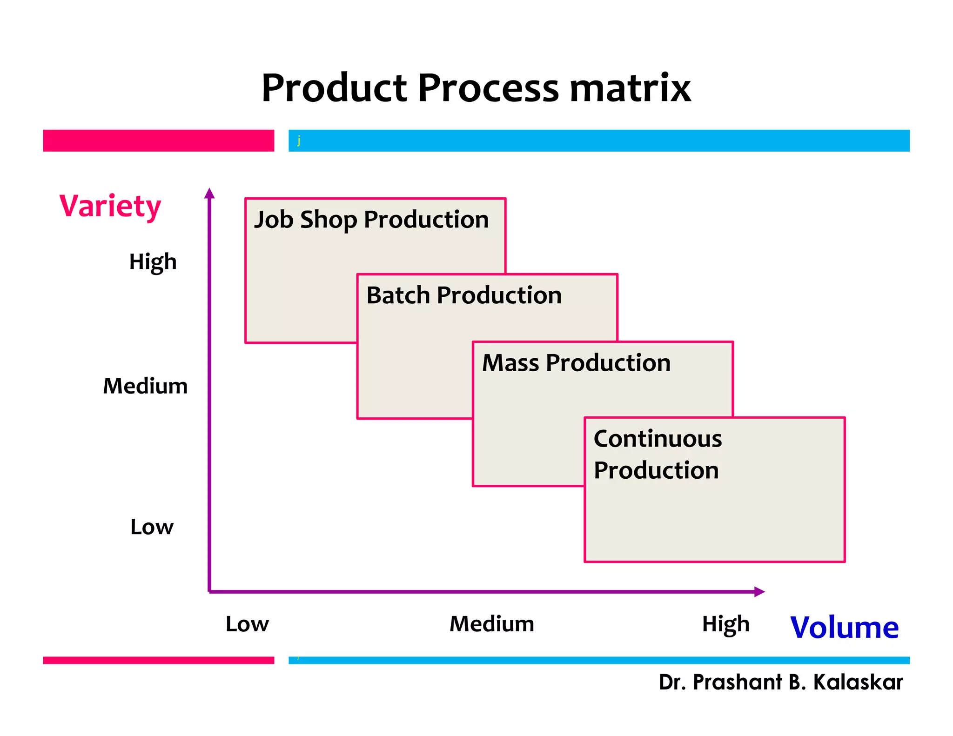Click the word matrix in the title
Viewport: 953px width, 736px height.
[x=630, y=88]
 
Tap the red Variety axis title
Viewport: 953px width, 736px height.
[x=110, y=206]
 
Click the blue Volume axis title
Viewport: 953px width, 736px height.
[x=844, y=628]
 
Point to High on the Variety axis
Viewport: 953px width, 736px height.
[x=153, y=262]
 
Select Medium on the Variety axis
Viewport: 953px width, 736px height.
[x=145, y=386]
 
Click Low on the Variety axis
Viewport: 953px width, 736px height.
[x=152, y=527]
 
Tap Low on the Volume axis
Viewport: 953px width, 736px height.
[x=247, y=624]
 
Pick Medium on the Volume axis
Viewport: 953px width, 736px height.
[x=492, y=624]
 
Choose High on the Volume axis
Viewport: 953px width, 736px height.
[x=725, y=624]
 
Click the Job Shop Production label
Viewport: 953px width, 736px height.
[x=371, y=220]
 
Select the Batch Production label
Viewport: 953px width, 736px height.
[x=464, y=295]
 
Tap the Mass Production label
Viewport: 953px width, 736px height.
[x=576, y=363]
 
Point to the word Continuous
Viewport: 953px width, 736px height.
[x=658, y=439]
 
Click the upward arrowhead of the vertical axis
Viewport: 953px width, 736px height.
[x=209, y=193]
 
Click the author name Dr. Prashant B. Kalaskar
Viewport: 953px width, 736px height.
[x=780, y=682]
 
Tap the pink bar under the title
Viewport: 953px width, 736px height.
[x=158, y=141]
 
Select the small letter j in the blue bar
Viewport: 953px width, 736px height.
[x=299, y=140]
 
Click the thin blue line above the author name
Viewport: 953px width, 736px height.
[x=598, y=660]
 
